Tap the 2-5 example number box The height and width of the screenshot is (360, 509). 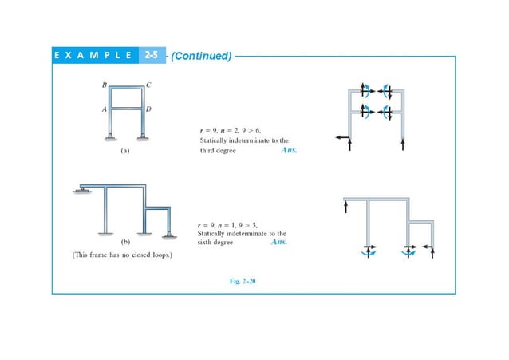pos(152,56)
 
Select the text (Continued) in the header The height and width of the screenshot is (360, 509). pos(200,56)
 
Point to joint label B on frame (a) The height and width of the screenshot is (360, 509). pos(104,84)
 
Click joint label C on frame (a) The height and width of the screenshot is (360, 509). pos(150,84)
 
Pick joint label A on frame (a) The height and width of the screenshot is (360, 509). pos(104,109)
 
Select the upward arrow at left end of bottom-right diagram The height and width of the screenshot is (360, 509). pos(345,208)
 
